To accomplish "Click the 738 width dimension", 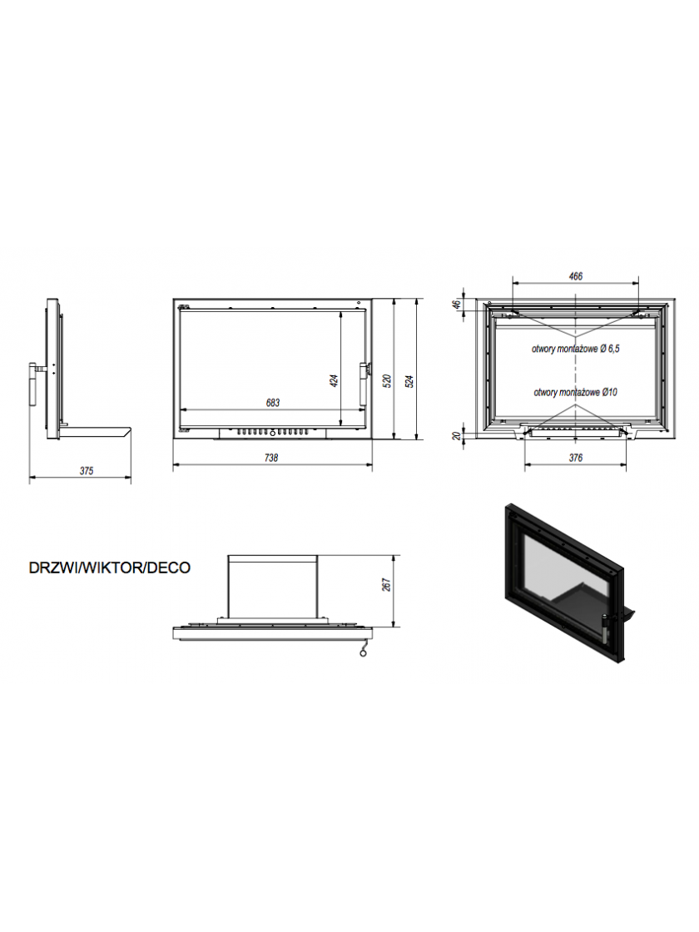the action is pyautogui.click(x=271, y=458).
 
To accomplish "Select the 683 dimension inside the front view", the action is pyautogui.click(x=273, y=403).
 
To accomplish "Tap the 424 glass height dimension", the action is pyautogui.click(x=334, y=381).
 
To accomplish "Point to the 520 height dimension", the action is pyautogui.click(x=387, y=381).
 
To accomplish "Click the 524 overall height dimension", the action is pyautogui.click(x=409, y=381).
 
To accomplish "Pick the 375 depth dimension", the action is pyautogui.click(x=87, y=471).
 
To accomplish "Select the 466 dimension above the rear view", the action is pyautogui.click(x=575, y=276).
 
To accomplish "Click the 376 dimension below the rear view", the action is pyautogui.click(x=575, y=458).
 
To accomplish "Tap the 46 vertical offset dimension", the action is pyautogui.click(x=457, y=304).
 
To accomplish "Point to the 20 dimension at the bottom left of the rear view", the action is pyautogui.click(x=457, y=436).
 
